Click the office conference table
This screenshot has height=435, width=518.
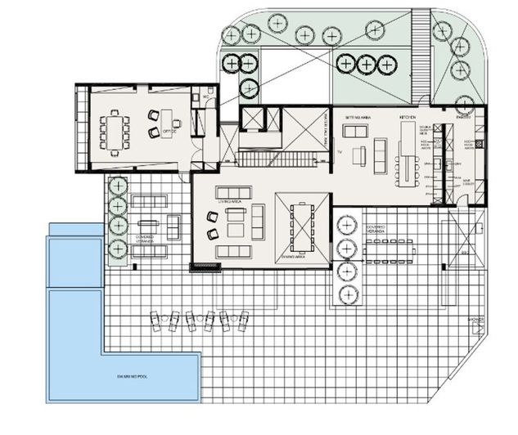click(x=115, y=131)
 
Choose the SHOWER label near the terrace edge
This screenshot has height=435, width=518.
click(x=477, y=318)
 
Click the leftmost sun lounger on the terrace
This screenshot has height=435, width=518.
click(x=155, y=321)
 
